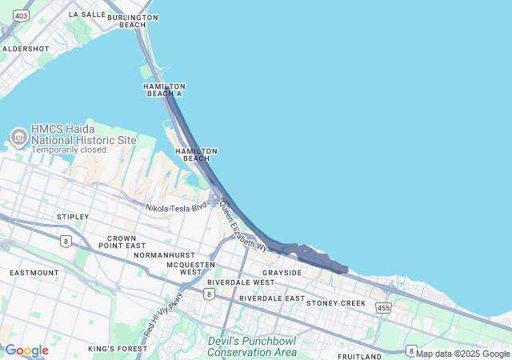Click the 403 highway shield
22,16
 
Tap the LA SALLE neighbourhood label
87,14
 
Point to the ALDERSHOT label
26,49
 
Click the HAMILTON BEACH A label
163,90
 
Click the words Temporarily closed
69,150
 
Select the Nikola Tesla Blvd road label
177,207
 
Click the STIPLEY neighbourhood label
73,217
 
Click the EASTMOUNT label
34,273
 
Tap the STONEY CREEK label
335,303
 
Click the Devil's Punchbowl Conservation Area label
252,346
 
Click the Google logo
26,350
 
